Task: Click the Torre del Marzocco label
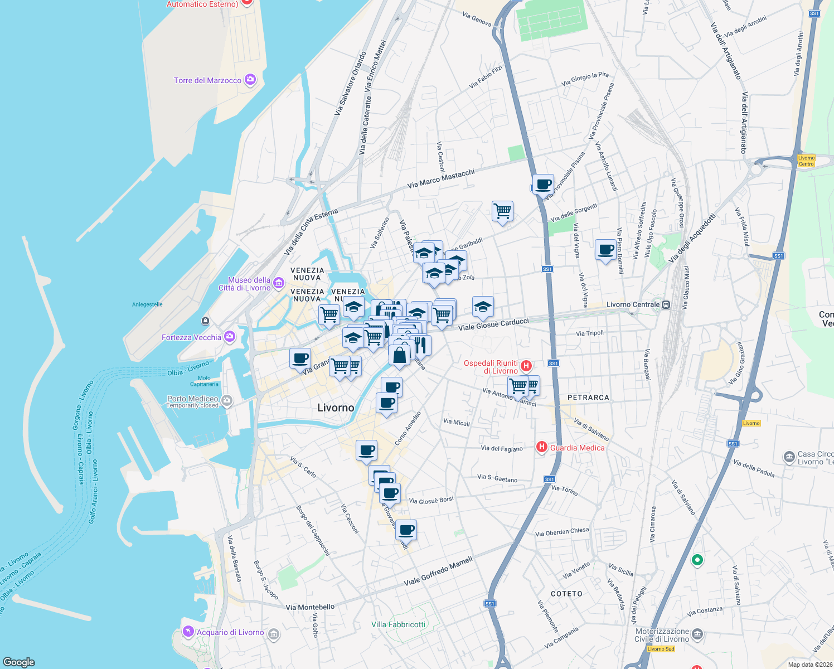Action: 207,80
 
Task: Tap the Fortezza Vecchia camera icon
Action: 230,337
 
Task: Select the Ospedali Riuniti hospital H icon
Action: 526,366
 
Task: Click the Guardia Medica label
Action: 577,448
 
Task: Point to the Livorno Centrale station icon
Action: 666,304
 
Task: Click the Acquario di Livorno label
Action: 230,632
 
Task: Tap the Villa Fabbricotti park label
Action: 398,624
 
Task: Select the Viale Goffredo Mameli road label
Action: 438,571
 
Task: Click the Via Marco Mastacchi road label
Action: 441,178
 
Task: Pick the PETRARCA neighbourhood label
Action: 588,397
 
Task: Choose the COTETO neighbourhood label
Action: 566,594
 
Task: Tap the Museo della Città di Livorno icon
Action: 279,284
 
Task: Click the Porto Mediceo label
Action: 193,399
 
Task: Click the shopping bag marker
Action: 400,355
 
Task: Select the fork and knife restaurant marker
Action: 421,345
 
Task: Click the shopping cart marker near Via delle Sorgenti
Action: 502,211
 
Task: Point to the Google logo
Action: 19,662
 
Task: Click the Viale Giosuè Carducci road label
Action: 493,324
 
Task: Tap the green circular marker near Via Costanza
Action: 697,560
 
